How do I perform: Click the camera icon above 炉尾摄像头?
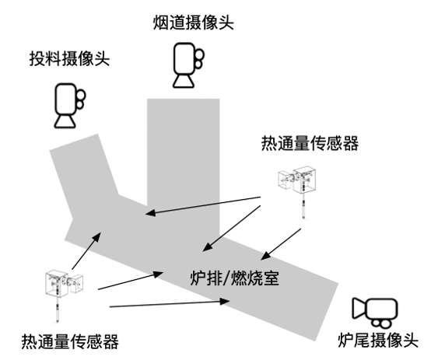(373, 310)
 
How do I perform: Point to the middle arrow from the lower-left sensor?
(129, 281)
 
